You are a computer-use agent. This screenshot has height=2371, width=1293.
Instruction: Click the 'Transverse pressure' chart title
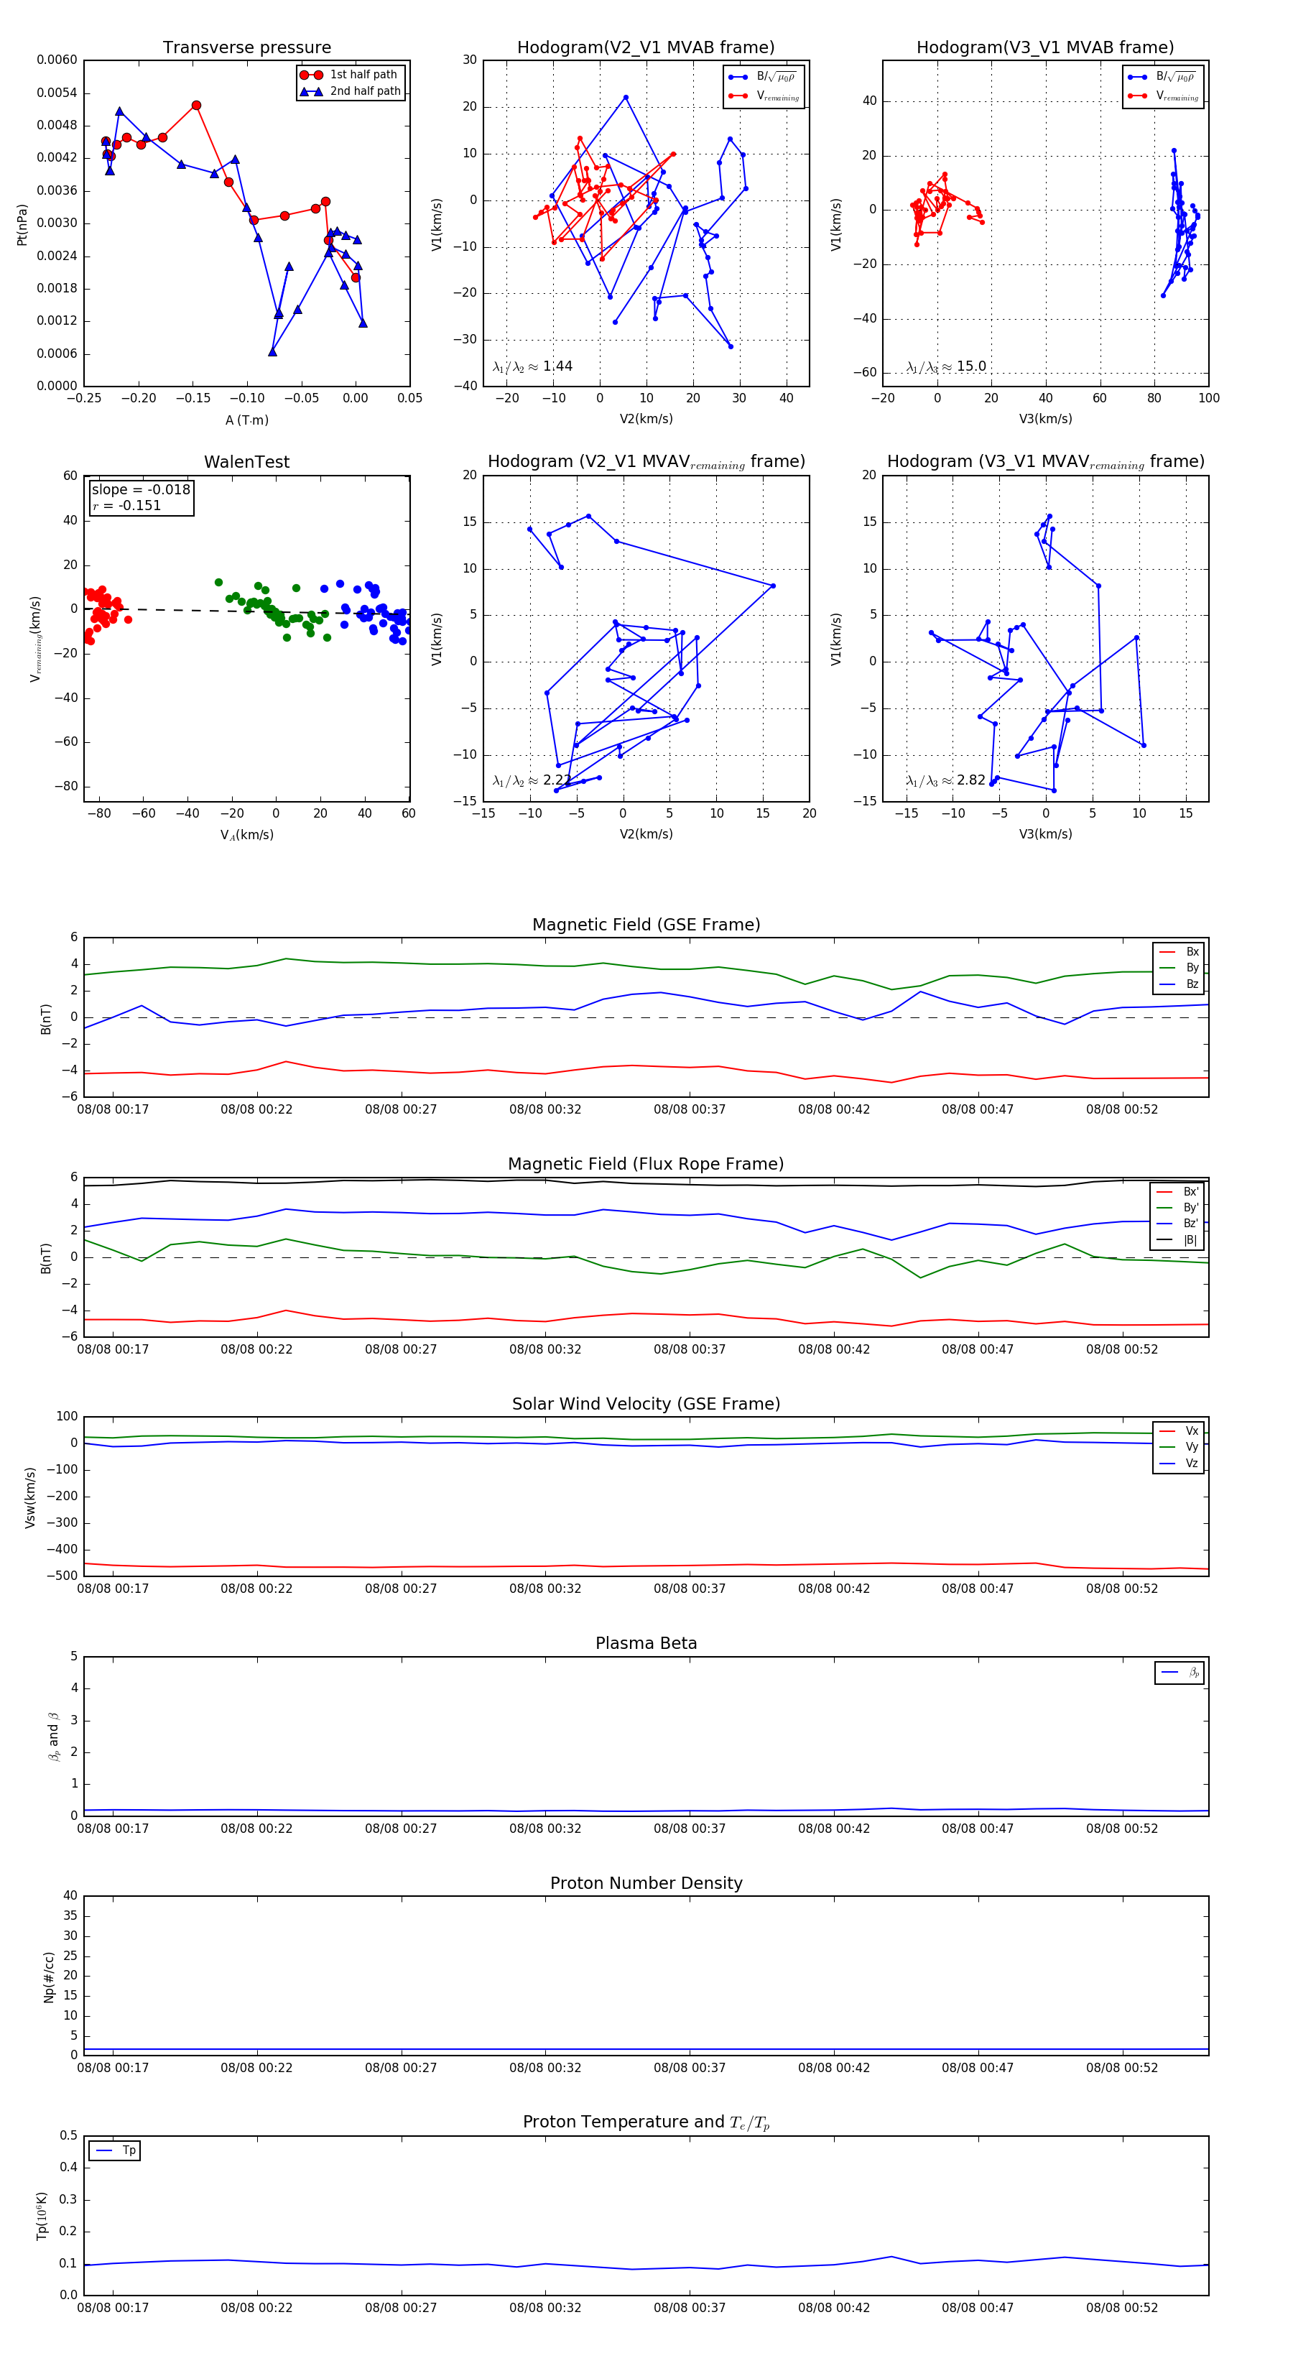pyautogui.click(x=246, y=48)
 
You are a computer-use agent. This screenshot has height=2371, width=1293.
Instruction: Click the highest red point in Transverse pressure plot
pyautogui.click(x=196, y=106)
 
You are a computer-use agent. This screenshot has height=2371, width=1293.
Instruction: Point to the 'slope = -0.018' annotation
pyautogui.click(x=141, y=490)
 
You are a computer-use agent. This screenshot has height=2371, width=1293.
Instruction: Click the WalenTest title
pyautogui.click(x=246, y=462)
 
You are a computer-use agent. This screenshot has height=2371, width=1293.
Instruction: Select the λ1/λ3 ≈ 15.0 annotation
pyautogui.click(x=946, y=366)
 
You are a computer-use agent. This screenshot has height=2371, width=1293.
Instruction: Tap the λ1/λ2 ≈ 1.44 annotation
pyautogui.click(x=533, y=366)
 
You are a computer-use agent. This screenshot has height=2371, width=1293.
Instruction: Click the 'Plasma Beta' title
pyautogui.click(x=646, y=1644)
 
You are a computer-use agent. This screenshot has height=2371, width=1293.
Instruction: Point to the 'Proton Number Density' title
pyautogui.click(x=646, y=1883)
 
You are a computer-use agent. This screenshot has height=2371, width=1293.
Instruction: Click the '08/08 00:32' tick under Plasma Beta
pyautogui.click(x=544, y=1829)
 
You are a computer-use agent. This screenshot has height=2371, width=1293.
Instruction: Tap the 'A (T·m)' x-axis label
pyautogui.click(x=246, y=420)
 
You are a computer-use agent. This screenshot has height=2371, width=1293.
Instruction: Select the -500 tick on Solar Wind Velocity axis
pyautogui.click(x=62, y=1576)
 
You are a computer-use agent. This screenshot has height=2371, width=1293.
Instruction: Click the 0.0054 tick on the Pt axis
pyautogui.click(x=57, y=93)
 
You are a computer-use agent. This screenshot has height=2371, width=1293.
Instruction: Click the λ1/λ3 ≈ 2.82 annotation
pyautogui.click(x=946, y=780)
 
